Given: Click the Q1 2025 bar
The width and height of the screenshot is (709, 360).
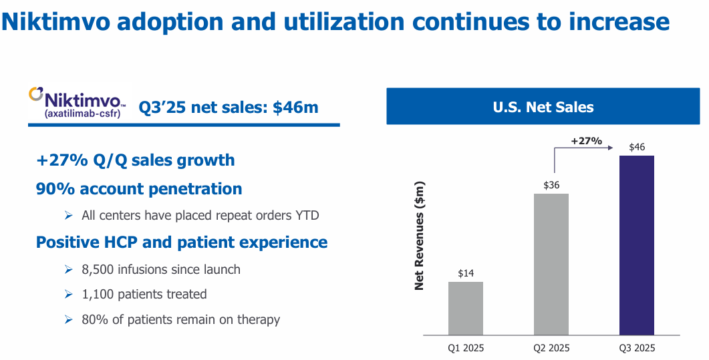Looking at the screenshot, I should coord(465,308).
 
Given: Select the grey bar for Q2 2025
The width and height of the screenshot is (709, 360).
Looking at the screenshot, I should coord(551,264).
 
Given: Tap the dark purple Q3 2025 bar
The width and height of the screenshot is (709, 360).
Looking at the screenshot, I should coord(636,245).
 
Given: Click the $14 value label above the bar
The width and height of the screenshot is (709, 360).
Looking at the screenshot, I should coord(465,273).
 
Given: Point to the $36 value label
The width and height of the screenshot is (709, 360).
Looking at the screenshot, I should coord(551,185).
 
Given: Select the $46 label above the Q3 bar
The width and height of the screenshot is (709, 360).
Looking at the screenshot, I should coord(636,147).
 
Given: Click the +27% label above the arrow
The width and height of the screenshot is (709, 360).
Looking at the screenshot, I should coord(586,141).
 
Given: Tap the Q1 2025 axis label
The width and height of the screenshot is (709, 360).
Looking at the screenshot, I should coord(465,348).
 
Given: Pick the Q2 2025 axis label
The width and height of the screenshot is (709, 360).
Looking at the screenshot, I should coord(551,348).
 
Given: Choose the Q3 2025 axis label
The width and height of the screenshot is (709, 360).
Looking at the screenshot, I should coord(636,348).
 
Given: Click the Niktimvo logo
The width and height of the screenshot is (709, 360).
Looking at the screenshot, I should coord(76,104).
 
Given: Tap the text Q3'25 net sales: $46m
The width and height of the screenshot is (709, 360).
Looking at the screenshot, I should coord(228,107).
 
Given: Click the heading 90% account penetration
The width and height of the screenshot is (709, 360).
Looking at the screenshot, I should coord(139,189).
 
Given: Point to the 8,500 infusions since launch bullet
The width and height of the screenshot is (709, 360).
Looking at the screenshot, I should coord(160,270).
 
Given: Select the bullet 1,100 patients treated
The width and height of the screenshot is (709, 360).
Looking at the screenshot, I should coord(144,295).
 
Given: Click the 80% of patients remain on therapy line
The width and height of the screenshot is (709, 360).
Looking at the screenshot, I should coord(180,319).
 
